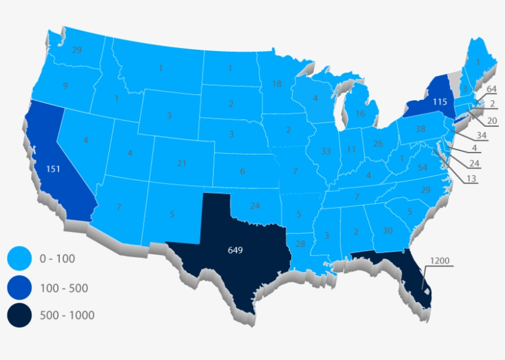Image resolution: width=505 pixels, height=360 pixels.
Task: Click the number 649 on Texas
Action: [x=235, y=250]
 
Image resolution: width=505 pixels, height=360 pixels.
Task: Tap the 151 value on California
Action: [x=53, y=169]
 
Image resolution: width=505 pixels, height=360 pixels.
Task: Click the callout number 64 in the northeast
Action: [x=491, y=89]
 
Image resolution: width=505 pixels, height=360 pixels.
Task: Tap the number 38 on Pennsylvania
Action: [x=421, y=129]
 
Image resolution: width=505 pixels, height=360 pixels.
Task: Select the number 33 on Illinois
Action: [x=326, y=151]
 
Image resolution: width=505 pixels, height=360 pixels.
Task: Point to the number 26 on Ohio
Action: [x=378, y=144]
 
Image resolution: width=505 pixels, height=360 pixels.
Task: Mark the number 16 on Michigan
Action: [x=360, y=114]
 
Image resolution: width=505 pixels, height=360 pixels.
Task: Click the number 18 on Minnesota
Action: [x=277, y=84]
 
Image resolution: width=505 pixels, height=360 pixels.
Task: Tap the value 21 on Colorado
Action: [x=181, y=163]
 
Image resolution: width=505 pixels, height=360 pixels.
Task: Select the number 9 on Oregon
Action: [x=65, y=86]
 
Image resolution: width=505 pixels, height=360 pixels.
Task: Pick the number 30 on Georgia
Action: [x=387, y=231]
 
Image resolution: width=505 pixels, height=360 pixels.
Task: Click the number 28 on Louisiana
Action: [x=301, y=244]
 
